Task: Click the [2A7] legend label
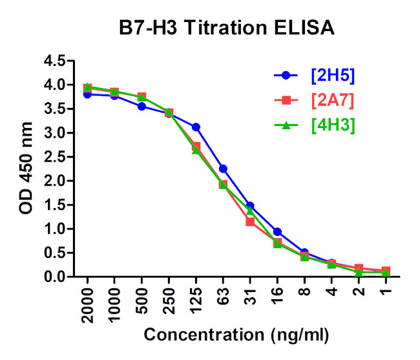pos(332,100)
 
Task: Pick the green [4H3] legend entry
pos(332,125)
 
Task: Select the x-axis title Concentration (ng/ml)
pos(236,336)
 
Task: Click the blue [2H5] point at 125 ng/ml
pos(196,127)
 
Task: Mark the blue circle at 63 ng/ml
pos(223,169)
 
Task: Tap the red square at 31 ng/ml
pos(250,222)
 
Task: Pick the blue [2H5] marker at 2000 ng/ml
pos(87,94)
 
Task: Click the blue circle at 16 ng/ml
pos(277,231)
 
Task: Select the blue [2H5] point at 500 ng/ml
pos(142,107)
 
